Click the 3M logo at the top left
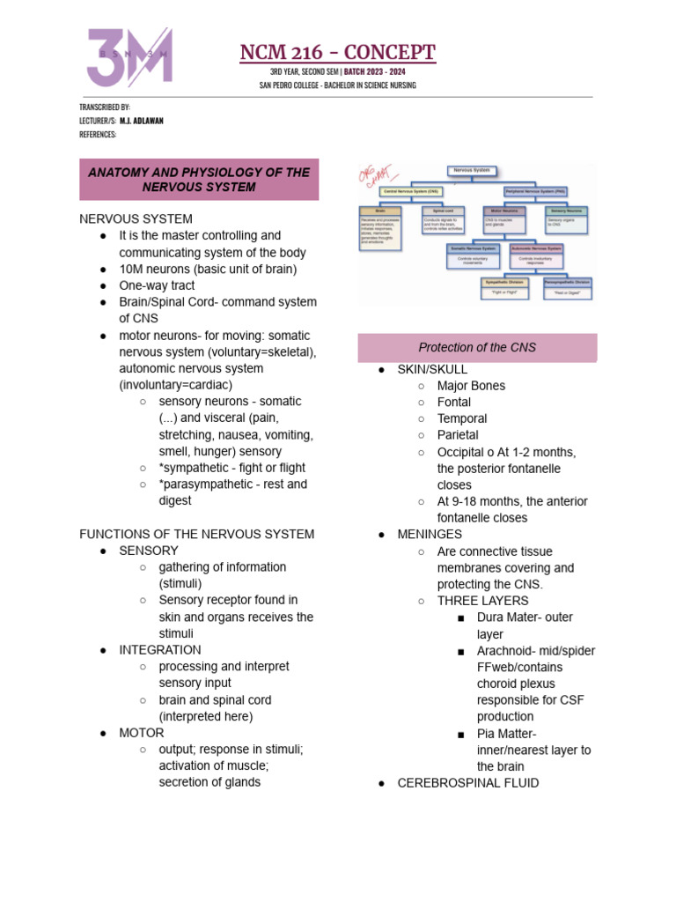tap(129, 57)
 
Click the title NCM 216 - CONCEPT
tap(338, 53)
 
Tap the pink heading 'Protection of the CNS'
tap(477, 348)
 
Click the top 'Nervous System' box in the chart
tap(473, 170)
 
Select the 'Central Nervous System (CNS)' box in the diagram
tap(412, 190)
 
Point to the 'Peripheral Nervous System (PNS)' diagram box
tap(536, 190)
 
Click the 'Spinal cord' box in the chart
tap(444, 211)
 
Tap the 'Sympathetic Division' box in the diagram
tap(505, 282)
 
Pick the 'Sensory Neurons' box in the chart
tap(566, 211)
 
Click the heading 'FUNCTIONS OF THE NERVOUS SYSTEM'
tap(197, 534)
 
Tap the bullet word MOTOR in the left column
tap(142, 733)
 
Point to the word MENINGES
tap(430, 535)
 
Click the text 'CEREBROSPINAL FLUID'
tap(468, 783)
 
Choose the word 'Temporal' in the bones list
tap(462, 418)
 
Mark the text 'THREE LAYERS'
tap(477, 601)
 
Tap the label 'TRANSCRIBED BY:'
tap(105, 107)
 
